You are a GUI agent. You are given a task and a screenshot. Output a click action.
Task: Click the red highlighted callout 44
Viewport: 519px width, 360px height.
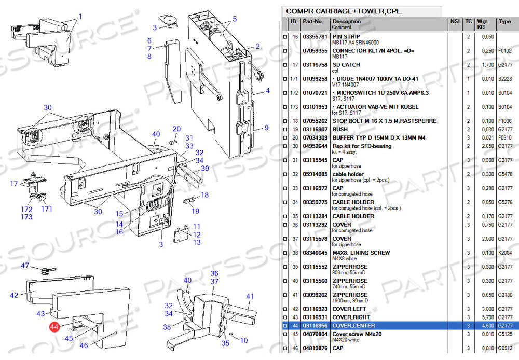point(54,327)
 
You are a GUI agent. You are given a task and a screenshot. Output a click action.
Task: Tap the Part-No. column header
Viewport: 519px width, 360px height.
point(313,22)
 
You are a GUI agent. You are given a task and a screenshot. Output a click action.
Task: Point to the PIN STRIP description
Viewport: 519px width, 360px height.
point(346,37)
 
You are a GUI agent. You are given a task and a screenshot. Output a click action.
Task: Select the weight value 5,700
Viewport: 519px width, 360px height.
point(487,317)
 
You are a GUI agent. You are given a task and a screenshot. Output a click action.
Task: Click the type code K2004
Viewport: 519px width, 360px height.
point(505,253)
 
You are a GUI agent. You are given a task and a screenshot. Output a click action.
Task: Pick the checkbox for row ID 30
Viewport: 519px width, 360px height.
point(284,146)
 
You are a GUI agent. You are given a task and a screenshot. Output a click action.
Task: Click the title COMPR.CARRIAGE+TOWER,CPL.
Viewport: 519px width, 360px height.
point(344,11)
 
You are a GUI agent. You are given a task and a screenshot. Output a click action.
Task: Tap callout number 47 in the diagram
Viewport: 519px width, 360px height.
point(25,266)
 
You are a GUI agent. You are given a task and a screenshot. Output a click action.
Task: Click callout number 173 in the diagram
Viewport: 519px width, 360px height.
point(26,217)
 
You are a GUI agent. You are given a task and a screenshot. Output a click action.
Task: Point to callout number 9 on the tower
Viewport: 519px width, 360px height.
point(266,128)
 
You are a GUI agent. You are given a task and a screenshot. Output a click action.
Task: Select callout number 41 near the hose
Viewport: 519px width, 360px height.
point(250,297)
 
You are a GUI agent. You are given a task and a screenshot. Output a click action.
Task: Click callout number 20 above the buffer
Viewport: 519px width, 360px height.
point(176,129)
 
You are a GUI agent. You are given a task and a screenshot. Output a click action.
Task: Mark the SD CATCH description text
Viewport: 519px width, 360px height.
point(346,65)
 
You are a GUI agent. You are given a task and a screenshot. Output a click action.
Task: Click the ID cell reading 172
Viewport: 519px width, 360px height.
point(294,93)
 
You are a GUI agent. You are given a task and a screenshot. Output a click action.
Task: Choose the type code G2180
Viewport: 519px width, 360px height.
point(505,295)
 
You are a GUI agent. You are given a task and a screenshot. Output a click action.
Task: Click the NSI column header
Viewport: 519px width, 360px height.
point(455,22)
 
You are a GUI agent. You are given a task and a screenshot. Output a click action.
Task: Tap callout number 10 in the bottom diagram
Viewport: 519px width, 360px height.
point(244,340)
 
